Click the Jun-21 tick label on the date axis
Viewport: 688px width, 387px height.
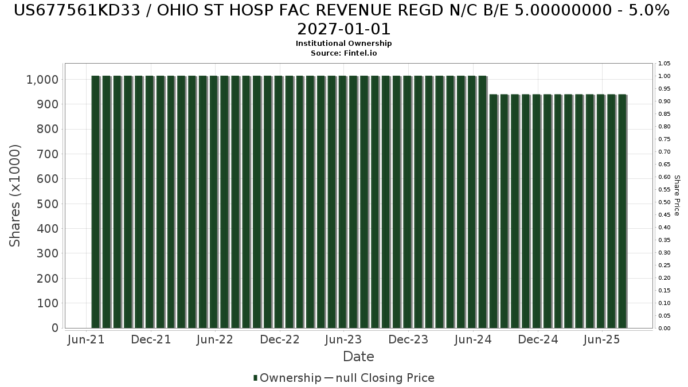pyautogui.click(x=86, y=339)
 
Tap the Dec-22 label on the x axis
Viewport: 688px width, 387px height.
pyautogui.click(x=280, y=339)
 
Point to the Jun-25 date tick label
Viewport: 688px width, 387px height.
pyautogui.click(x=601, y=339)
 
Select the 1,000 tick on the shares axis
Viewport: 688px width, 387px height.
pyautogui.click(x=42, y=80)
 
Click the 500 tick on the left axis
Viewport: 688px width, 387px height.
pyautogui.click(x=47, y=204)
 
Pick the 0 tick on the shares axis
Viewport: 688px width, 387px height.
pyautogui.click(x=55, y=328)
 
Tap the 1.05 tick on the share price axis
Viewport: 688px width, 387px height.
pyautogui.click(x=664, y=64)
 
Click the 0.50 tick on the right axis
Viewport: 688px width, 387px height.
pyautogui.click(x=664, y=202)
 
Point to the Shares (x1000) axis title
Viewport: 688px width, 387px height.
pyautogui.click(x=14, y=196)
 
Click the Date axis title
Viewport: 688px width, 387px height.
pyautogui.click(x=358, y=357)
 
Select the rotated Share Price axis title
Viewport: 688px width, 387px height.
pyautogui.click(x=677, y=196)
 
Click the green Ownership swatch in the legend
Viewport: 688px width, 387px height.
pyautogui.click(x=255, y=378)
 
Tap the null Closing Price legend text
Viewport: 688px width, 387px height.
pyautogui.click(x=385, y=378)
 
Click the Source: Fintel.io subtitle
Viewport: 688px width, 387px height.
pyautogui.click(x=343, y=53)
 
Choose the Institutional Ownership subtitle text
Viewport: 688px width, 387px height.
pyautogui.click(x=343, y=44)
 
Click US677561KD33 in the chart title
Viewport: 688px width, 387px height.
pyautogui.click(x=77, y=11)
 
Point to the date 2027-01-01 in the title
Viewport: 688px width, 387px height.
pyautogui.click(x=343, y=29)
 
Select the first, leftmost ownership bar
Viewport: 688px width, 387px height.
pyautogui.click(x=96, y=202)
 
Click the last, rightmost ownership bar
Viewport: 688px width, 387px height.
pyautogui.click(x=622, y=212)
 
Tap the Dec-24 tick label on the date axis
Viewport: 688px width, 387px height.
pyautogui.click(x=538, y=339)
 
